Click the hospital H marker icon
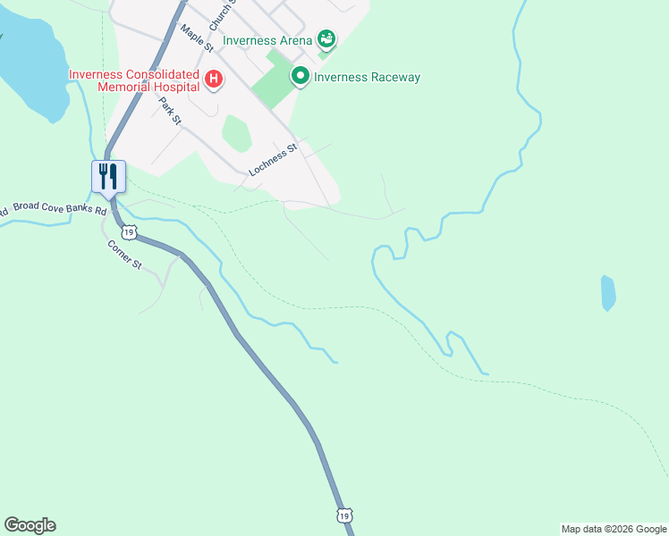tap(214, 80)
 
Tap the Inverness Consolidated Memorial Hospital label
tap(135, 80)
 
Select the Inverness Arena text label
tap(267, 40)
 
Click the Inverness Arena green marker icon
tap(327, 39)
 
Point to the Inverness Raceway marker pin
tap(301, 77)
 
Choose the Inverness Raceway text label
tap(367, 78)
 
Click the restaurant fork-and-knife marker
tap(108, 175)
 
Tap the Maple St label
tap(196, 38)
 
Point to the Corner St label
tap(125, 255)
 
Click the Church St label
tap(221, 13)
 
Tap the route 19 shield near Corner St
tap(131, 232)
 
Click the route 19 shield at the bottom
tap(345, 515)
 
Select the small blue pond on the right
tap(608, 292)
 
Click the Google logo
tap(30, 525)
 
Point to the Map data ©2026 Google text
tap(614, 529)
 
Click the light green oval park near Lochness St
tap(236, 133)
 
